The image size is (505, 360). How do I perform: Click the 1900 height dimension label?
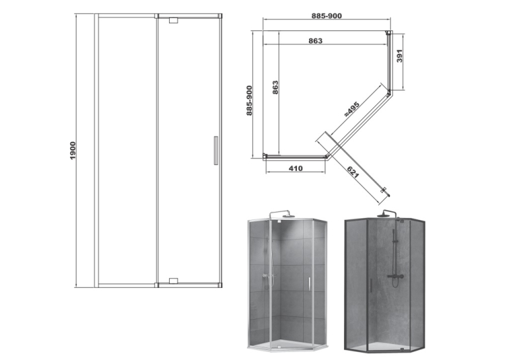[73, 150]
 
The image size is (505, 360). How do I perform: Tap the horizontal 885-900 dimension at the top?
[327, 16]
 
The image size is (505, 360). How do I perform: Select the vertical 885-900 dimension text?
[250, 100]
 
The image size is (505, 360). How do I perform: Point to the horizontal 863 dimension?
[316, 41]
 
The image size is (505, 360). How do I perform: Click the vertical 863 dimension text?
[275, 87]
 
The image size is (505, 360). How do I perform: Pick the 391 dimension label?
[399, 55]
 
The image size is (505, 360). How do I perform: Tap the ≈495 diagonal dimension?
[351, 109]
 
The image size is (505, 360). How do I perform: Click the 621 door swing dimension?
[353, 172]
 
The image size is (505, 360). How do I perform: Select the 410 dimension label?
[296, 168]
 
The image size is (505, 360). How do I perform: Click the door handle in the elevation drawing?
[216, 151]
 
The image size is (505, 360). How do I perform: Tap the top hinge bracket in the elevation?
[173, 20]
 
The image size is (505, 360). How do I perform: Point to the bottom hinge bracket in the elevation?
[173, 281]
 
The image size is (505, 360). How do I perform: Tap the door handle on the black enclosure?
[371, 285]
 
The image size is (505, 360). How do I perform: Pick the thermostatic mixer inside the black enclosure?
[395, 276]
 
